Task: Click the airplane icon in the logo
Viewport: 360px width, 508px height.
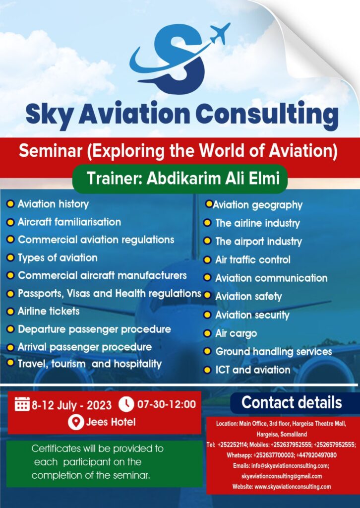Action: click(220, 33)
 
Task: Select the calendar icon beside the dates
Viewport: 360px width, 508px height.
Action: click(22, 404)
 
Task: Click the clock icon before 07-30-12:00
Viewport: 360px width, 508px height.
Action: click(126, 404)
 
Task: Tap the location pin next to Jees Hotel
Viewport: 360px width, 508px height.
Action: click(75, 422)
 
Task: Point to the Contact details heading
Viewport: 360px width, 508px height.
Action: click(292, 402)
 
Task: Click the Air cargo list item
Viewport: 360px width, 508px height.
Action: click(236, 333)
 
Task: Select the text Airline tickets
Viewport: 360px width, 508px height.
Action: click(49, 311)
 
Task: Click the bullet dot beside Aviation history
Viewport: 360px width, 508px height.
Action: click(10, 204)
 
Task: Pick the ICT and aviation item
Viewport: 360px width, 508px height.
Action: click(252, 370)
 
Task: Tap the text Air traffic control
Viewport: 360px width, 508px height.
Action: click(252, 259)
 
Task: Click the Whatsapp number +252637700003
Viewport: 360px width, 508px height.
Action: click(268, 455)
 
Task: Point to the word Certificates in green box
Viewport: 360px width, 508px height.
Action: click(54, 448)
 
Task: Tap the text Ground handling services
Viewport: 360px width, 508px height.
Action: click(273, 351)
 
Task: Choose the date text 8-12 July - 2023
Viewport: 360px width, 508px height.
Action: click(71, 404)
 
